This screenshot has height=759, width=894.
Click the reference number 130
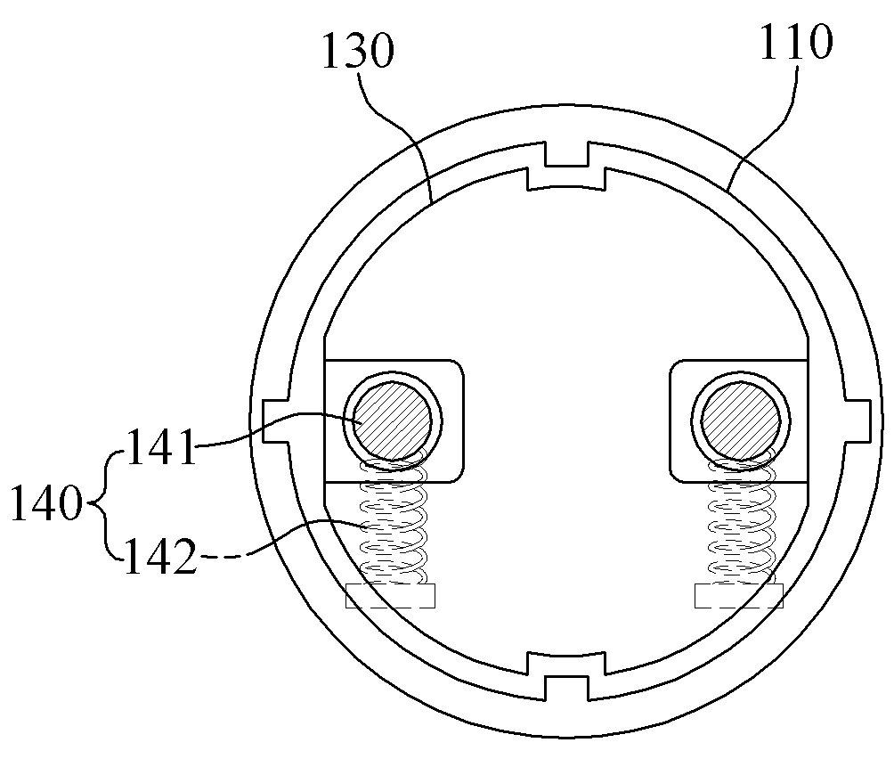pos(358,51)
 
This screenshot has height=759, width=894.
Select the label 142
pos(160,556)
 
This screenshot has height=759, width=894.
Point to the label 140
pos(46,503)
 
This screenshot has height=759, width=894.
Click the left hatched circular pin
pos(393,421)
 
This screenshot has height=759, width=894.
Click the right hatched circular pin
pos(740,421)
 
